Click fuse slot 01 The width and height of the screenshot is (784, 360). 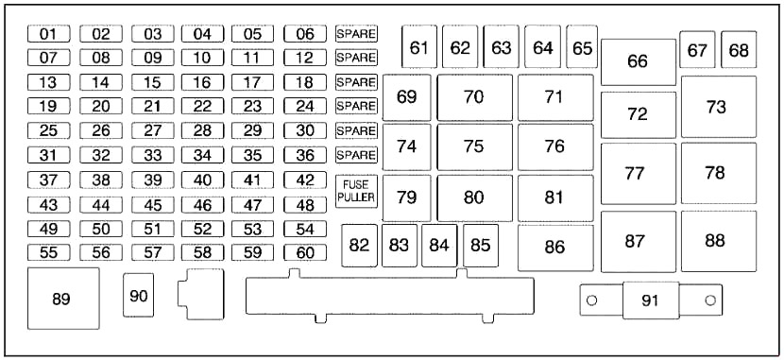(x=48, y=34)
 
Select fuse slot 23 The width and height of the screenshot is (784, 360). (x=252, y=106)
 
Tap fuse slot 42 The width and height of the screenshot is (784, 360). (x=304, y=180)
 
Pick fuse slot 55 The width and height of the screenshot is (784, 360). (x=48, y=252)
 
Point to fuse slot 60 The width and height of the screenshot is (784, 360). (x=304, y=252)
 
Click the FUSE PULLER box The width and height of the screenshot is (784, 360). (x=356, y=192)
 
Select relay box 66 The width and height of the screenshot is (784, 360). (x=638, y=62)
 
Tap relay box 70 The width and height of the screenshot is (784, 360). (x=474, y=97)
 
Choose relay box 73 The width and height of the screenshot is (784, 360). (x=719, y=107)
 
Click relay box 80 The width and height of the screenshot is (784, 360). (x=474, y=198)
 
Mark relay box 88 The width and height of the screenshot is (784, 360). (x=719, y=241)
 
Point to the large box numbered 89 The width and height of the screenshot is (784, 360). (x=63, y=299)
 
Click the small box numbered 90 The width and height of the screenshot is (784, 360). (x=139, y=295)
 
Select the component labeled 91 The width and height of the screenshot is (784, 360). (x=651, y=300)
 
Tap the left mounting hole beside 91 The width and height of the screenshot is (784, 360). (x=592, y=300)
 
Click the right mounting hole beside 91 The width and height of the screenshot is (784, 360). (x=710, y=300)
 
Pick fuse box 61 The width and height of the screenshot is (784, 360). (x=419, y=47)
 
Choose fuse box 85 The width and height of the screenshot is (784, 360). (x=481, y=246)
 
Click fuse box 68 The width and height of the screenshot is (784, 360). (x=739, y=49)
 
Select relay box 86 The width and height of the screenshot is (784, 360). (x=555, y=248)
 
